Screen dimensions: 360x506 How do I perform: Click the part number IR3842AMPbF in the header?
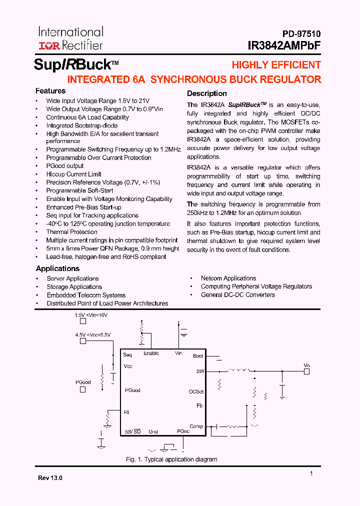[x=284, y=45]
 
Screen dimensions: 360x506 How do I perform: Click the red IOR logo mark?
[x=49, y=45]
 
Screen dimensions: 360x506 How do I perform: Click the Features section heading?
[x=50, y=91]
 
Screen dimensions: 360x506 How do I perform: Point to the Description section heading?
[x=206, y=93]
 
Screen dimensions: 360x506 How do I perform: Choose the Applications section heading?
[x=57, y=268]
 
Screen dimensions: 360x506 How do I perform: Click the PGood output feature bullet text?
[x=65, y=166]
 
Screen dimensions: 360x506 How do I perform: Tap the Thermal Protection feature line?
[x=72, y=232]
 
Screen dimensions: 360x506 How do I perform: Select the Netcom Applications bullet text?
[x=228, y=278]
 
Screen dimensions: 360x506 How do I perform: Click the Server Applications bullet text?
[x=72, y=278]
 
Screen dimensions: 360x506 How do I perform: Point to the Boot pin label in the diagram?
[x=198, y=356]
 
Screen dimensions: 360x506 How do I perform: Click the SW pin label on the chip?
[x=199, y=371]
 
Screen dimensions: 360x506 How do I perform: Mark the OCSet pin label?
[x=196, y=391]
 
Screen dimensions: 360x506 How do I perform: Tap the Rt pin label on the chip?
[x=126, y=412]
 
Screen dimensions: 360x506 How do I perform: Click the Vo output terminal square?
[x=307, y=371]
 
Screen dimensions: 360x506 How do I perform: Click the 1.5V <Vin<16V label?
[x=91, y=315]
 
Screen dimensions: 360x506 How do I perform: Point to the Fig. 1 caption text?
[x=171, y=459]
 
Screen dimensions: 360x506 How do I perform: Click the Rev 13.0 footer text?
[x=50, y=478]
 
